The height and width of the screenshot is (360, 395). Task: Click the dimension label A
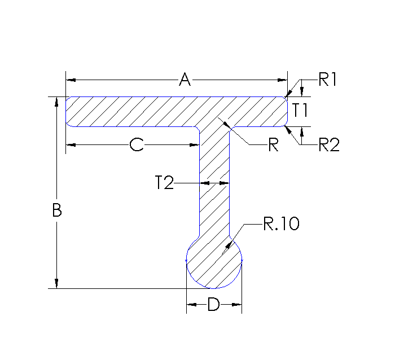[185, 80]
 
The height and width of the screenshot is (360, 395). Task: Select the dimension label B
[56, 211]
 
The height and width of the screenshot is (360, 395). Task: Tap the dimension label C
[136, 146]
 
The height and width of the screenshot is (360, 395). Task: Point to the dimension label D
[213, 305]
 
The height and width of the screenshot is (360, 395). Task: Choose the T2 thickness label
[164, 183]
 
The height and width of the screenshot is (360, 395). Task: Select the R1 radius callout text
[327, 80]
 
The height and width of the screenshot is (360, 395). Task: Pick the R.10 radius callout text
[280, 224]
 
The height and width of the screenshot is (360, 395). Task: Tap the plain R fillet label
[273, 146]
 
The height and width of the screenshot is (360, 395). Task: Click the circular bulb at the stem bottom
[214, 262]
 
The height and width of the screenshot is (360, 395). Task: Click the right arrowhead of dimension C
[195, 146]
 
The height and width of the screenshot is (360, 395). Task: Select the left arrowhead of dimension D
[191, 305]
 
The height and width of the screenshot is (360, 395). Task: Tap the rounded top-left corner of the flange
[68, 99]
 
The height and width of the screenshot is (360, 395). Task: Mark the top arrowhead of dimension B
[56, 102]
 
